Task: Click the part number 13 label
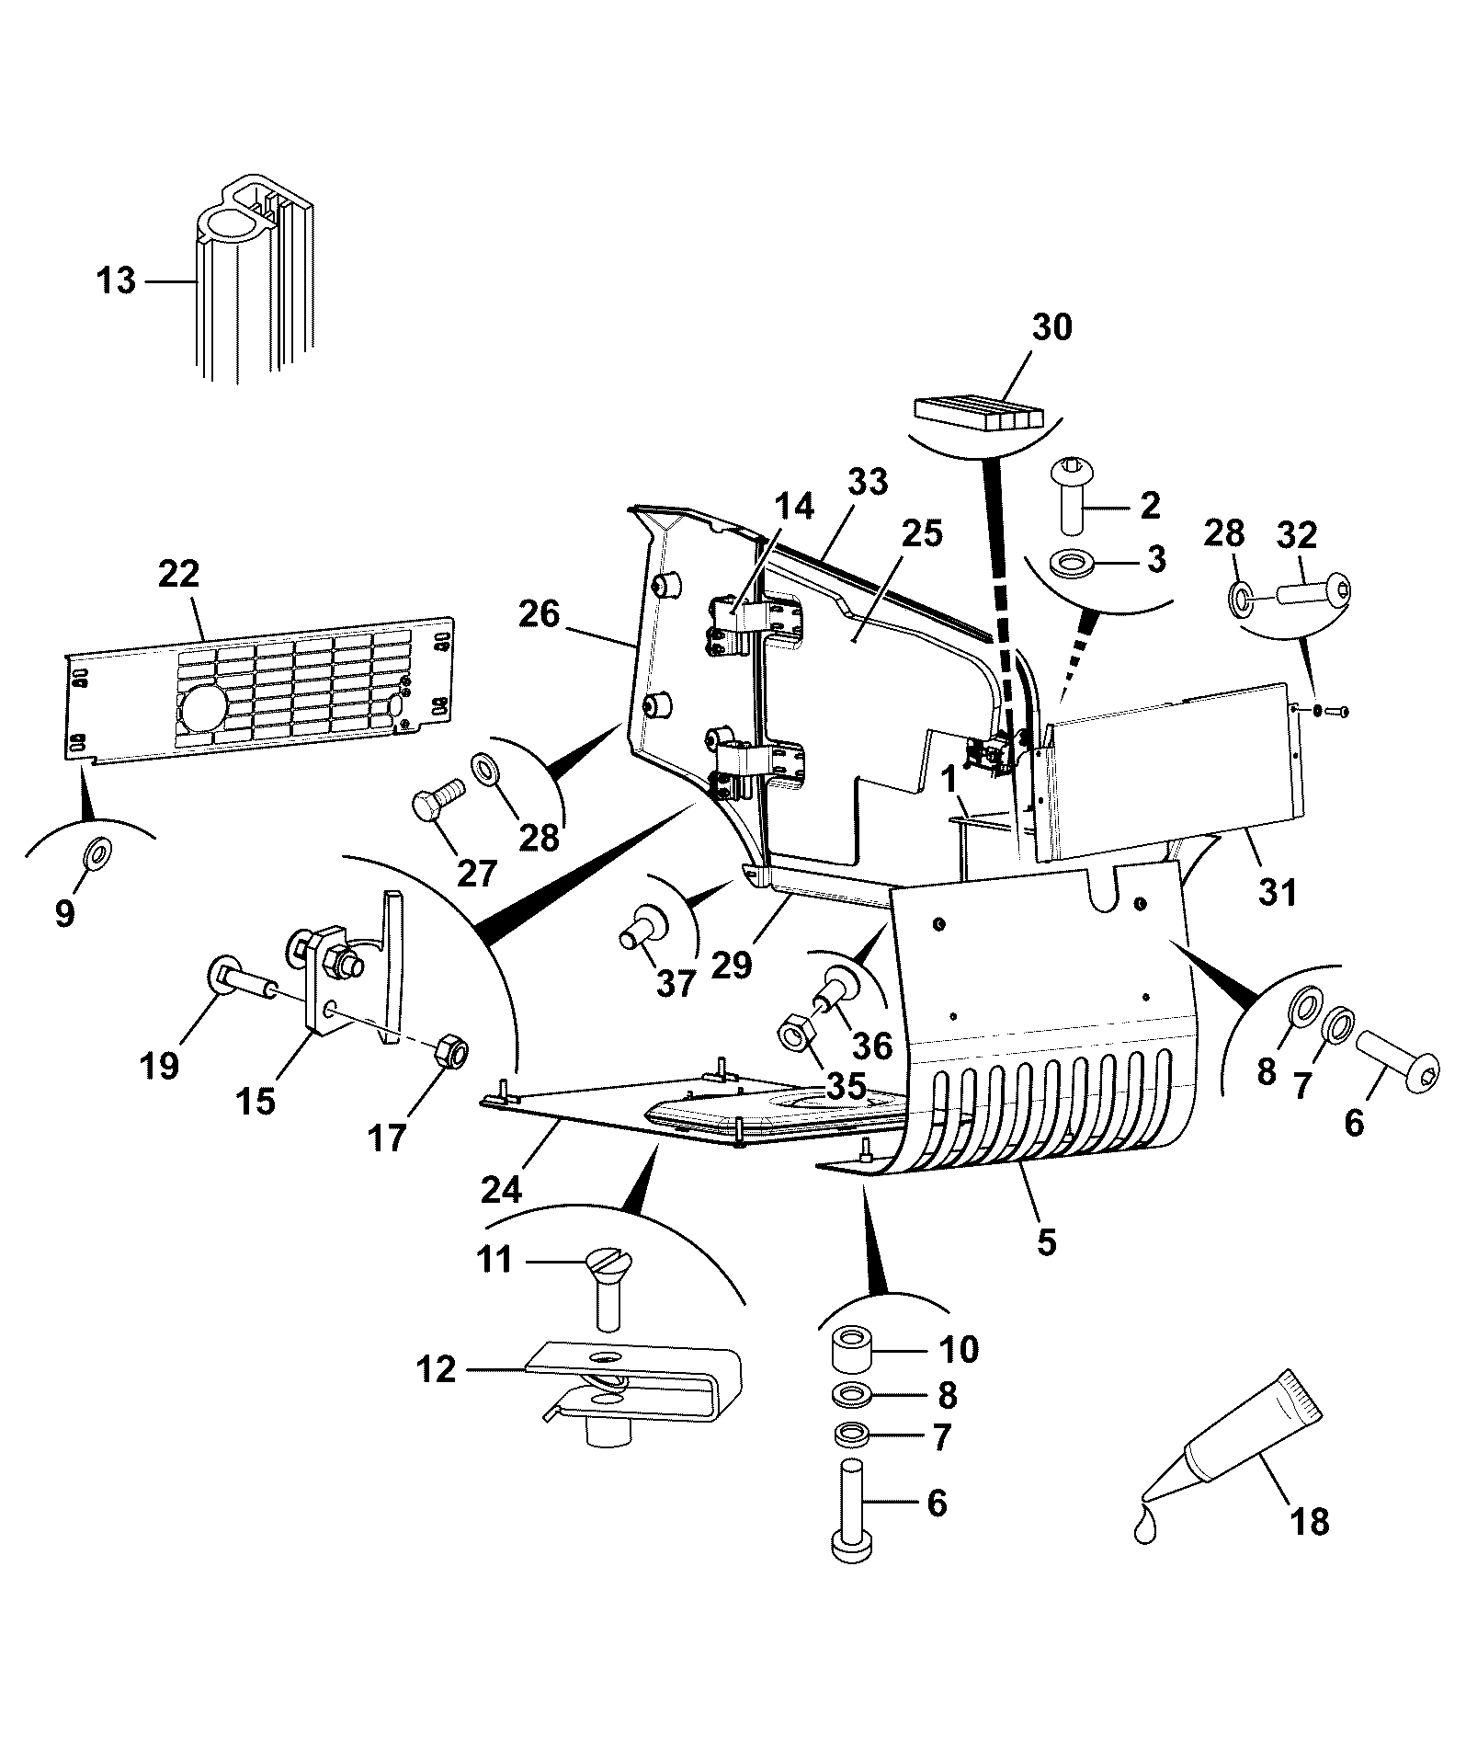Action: [116, 280]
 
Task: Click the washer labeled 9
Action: [96, 854]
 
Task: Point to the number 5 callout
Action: [1047, 1242]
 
